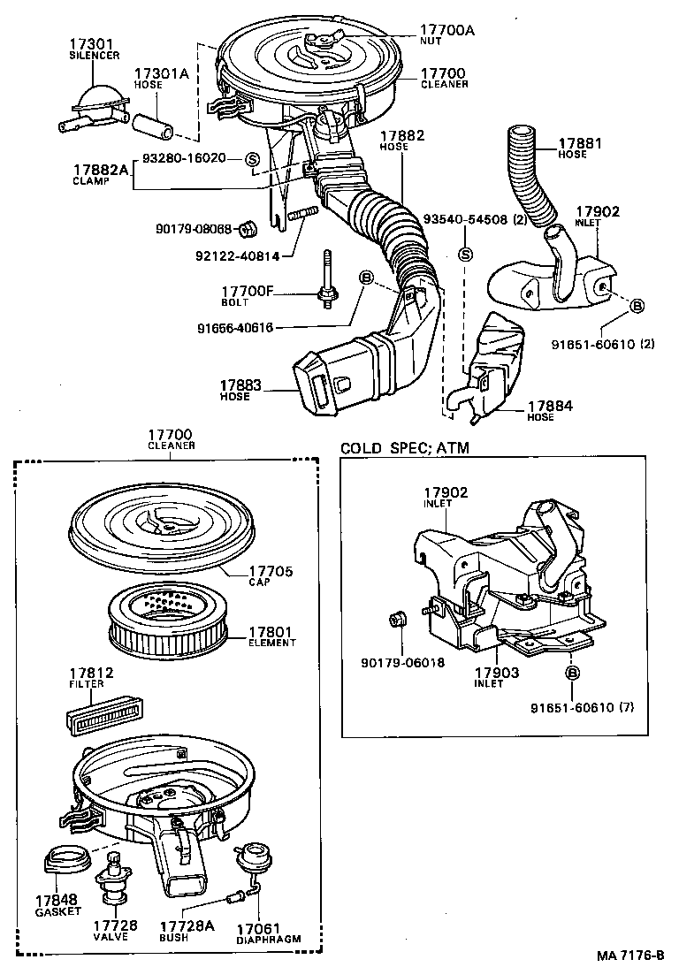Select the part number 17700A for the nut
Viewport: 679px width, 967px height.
(x=446, y=30)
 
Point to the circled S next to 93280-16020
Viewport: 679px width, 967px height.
(x=252, y=159)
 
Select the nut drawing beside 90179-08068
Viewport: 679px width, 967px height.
(x=249, y=228)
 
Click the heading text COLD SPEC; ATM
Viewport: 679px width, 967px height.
(x=405, y=448)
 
